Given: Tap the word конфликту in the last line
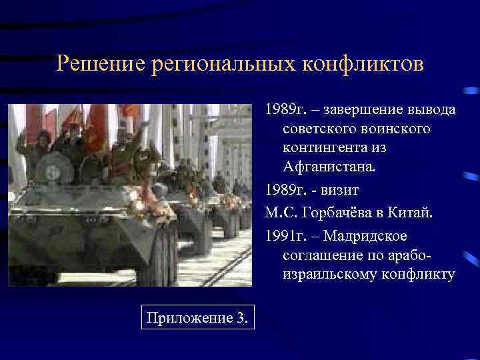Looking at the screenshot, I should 417,275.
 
